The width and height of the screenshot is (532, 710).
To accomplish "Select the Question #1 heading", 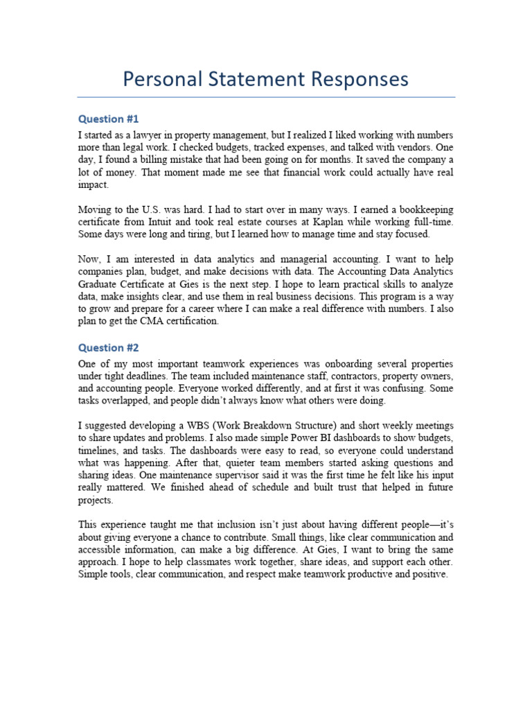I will click(x=109, y=119).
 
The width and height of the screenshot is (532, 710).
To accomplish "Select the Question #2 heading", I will click(x=109, y=347).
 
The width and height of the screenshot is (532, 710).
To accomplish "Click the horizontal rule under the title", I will click(x=266, y=97).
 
